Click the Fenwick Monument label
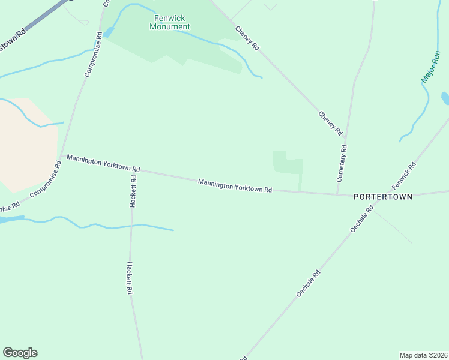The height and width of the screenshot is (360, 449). pyautogui.click(x=169, y=23)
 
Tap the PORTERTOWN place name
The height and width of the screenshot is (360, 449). pyautogui.click(x=383, y=196)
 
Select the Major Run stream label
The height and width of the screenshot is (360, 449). pyautogui.click(x=430, y=67)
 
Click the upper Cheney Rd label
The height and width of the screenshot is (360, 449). pyautogui.click(x=247, y=38)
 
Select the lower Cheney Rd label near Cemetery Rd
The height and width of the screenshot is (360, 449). pyautogui.click(x=330, y=123)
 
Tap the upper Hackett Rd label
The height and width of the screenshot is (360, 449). pyautogui.click(x=133, y=190)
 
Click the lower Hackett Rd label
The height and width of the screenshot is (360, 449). pyautogui.click(x=129, y=277)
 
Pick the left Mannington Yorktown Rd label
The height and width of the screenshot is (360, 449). pyautogui.click(x=103, y=162)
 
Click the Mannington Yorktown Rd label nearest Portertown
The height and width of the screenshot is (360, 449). pyautogui.click(x=235, y=185)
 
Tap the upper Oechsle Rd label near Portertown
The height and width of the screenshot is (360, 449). pyautogui.click(x=362, y=219)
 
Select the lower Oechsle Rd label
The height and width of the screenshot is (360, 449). pyautogui.click(x=309, y=283)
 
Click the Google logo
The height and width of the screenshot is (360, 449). pyautogui.click(x=20, y=353)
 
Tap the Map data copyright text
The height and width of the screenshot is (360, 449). pyautogui.click(x=423, y=355)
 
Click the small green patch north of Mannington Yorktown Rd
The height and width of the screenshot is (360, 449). pyautogui.click(x=286, y=163)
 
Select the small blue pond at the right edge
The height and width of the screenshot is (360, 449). pyautogui.click(x=445, y=97)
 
